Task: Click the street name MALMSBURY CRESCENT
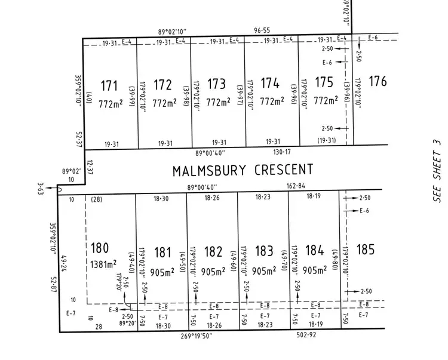243,170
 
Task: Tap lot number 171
109,84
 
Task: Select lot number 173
216,84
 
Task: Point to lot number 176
378,82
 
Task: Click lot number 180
99,248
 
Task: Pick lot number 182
213,251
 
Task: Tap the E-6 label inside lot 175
327,62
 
